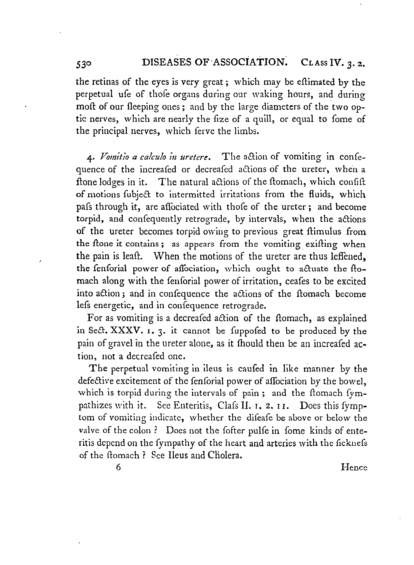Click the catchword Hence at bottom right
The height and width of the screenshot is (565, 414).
[354, 468]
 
